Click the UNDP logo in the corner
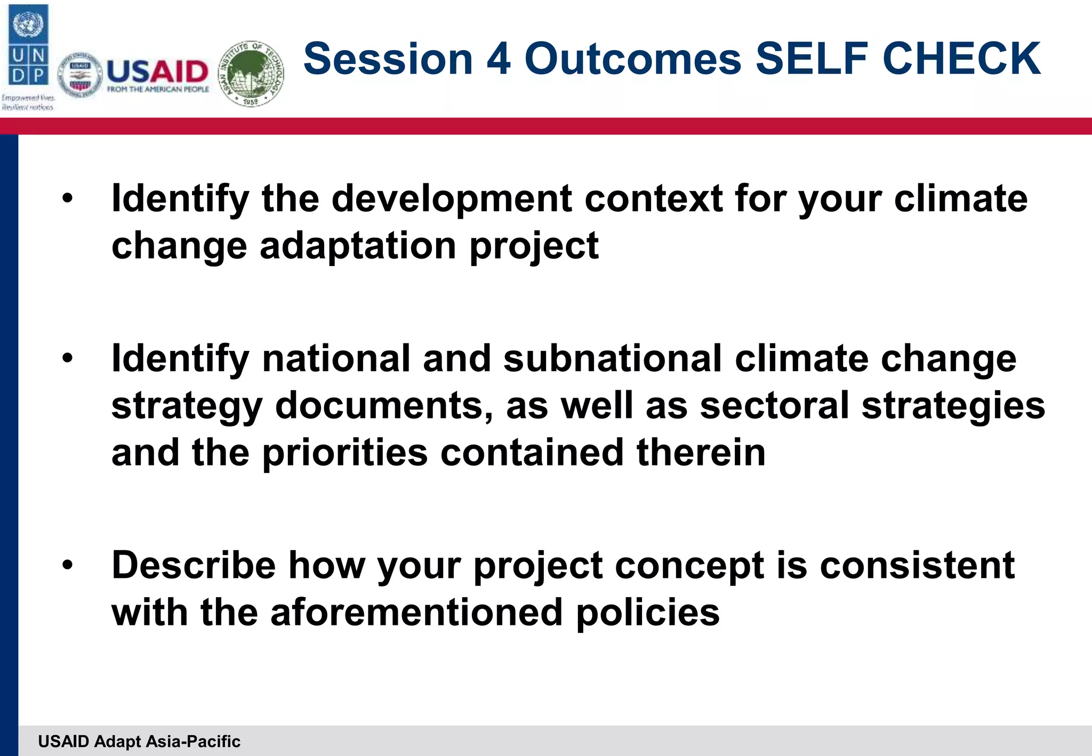click(x=29, y=45)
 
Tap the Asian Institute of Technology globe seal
click(x=252, y=73)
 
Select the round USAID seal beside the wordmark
click(x=80, y=75)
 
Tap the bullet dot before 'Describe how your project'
click(x=67, y=566)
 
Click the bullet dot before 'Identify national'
click(x=67, y=359)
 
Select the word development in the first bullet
click(x=452, y=199)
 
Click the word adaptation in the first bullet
click(x=358, y=246)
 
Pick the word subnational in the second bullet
click(x=612, y=358)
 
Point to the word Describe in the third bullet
click(x=193, y=565)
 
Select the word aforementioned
click(x=416, y=612)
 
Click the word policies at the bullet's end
click(x=648, y=612)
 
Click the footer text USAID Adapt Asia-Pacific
click(x=139, y=741)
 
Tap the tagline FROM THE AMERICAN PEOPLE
click(x=158, y=90)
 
